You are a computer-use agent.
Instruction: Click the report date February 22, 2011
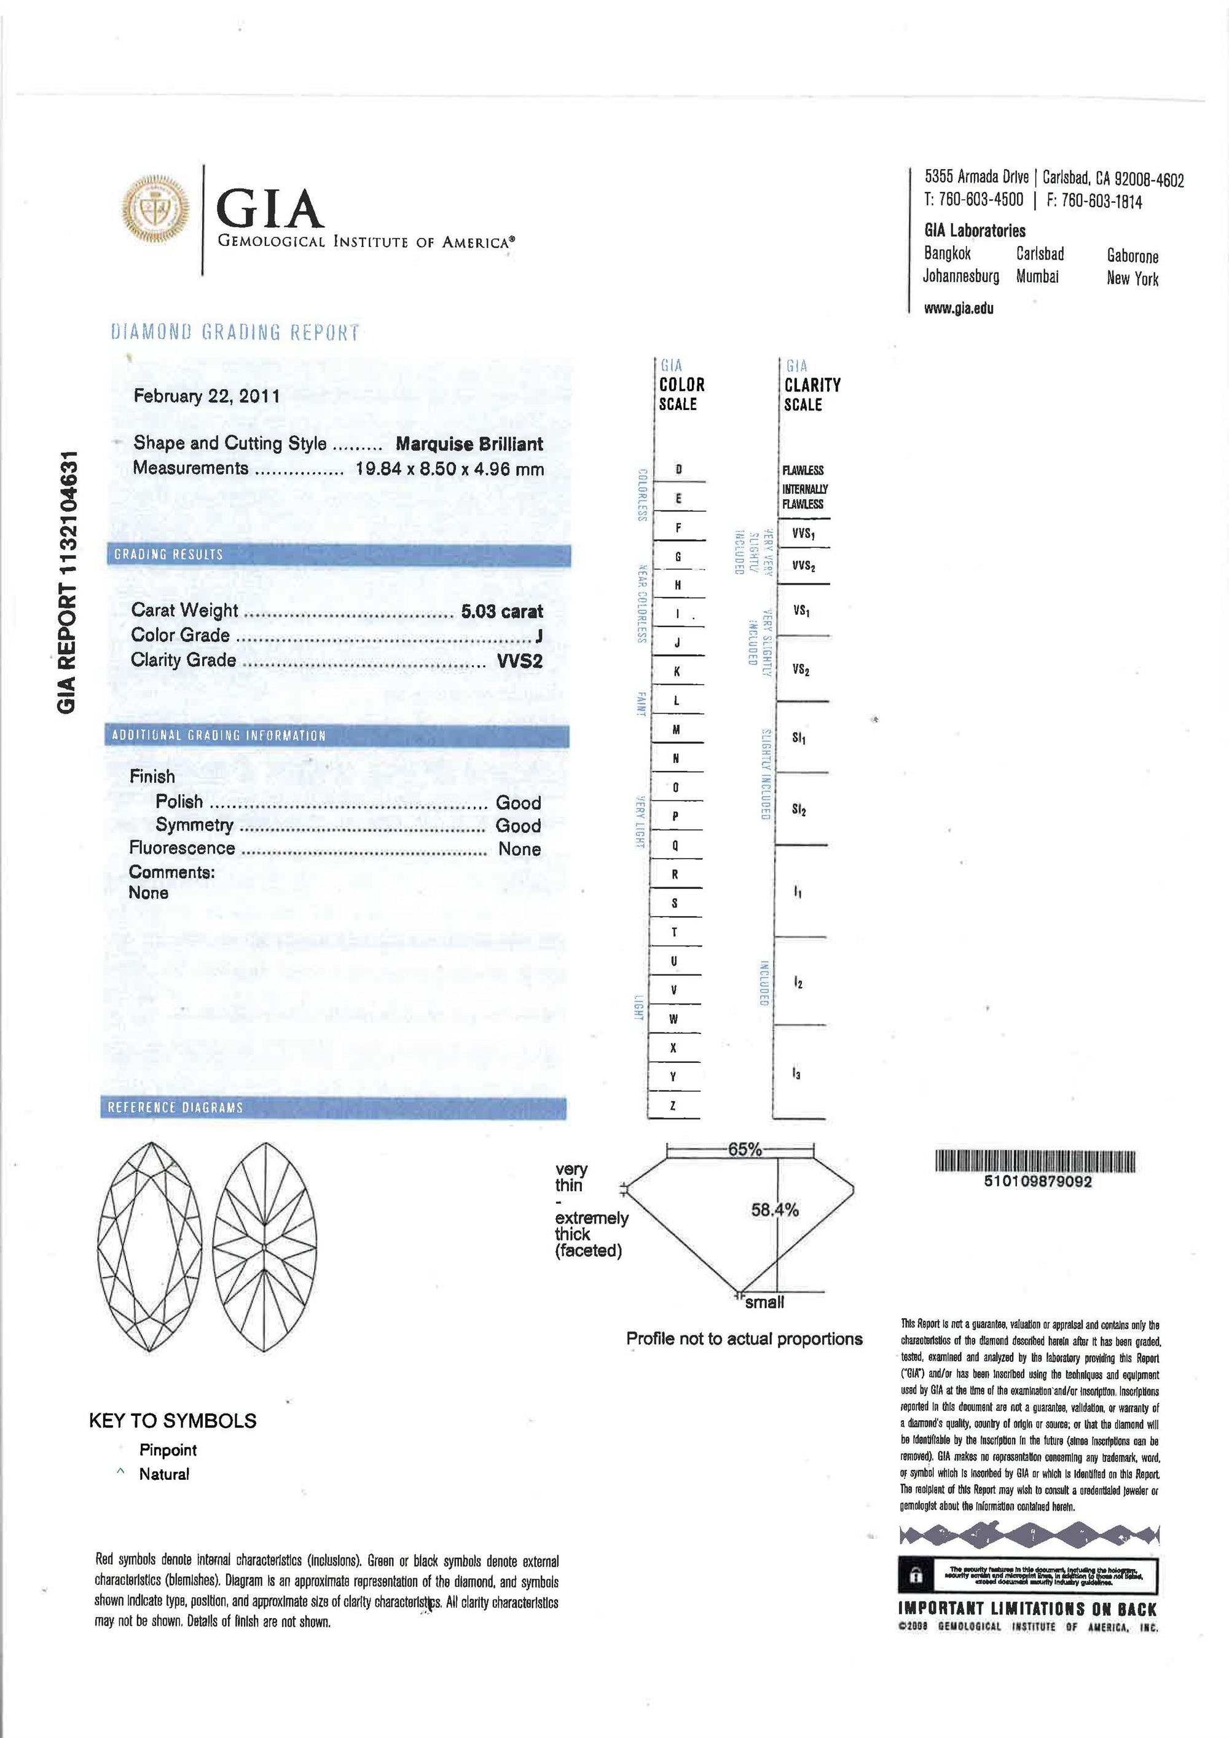(x=206, y=396)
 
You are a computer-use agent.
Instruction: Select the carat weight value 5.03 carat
(x=502, y=612)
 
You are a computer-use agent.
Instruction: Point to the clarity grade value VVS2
(x=519, y=661)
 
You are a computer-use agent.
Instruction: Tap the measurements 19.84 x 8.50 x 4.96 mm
(x=450, y=468)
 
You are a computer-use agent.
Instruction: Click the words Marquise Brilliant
(x=469, y=444)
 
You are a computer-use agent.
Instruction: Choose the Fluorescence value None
(x=519, y=849)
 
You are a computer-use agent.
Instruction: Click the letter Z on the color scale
(x=673, y=1106)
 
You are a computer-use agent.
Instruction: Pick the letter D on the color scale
(x=679, y=470)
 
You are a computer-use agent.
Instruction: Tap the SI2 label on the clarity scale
(x=799, y=810)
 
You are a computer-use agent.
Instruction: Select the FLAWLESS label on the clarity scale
(x=803, y=471)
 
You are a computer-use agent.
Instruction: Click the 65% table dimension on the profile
(x=745, y=1150)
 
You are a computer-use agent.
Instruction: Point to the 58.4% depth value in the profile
(x=774, y=1211)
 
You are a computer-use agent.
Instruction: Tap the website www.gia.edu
(x=959, y=308)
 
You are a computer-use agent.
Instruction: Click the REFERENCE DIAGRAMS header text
(x=176, y=1107)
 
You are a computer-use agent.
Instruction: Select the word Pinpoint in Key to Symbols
(x=167, y=1450)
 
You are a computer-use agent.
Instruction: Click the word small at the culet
(x=764, y=1302)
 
